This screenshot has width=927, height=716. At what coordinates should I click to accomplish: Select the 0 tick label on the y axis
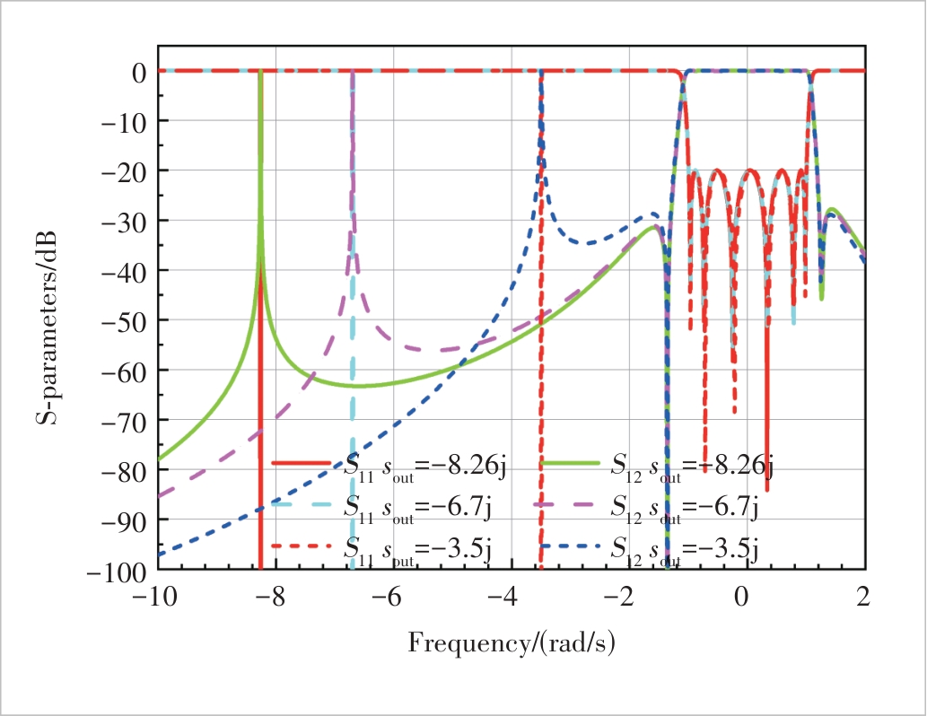140,71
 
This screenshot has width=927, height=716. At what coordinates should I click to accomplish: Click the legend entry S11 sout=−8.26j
391,464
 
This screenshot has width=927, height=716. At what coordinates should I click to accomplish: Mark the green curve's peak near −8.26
260,74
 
